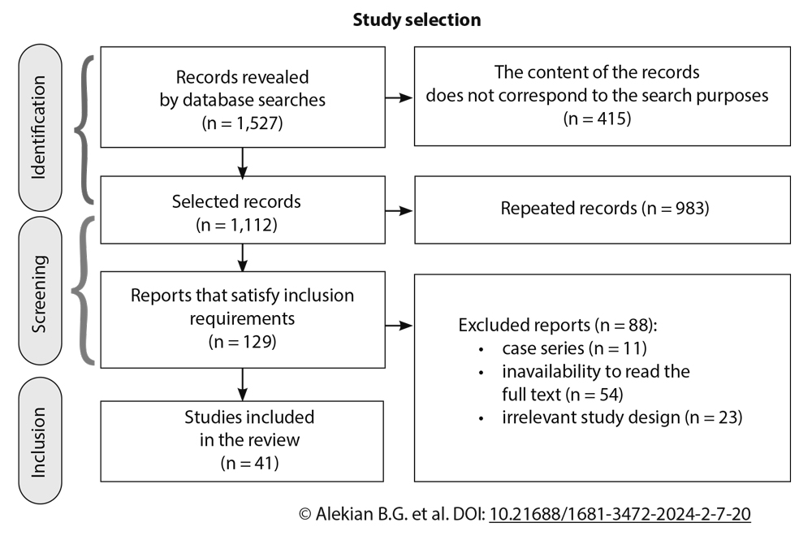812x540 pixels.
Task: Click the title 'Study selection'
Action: [417, 19]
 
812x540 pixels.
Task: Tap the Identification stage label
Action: [40, 127]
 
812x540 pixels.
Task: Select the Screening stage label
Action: [40, 295]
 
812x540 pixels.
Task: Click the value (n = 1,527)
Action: [243, 124]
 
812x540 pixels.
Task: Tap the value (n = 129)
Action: [243, 341]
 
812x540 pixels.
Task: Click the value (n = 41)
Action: [248, 464]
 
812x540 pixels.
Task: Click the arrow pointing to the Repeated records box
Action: [398, 212]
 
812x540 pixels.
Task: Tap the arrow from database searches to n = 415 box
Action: [398, 97]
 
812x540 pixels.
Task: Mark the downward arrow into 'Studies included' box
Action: [243, 385]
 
